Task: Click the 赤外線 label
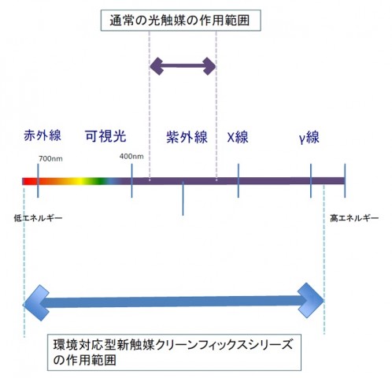(x=43, y=135)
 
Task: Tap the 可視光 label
(x=105, y=136)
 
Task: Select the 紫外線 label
(x=187, y=137)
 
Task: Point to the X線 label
(x=238, y=137)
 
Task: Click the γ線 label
(x=309, y=137)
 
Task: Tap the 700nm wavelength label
(x=50, y=159)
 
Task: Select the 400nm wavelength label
(x=131, y=157)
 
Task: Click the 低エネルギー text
(x=38, y=218)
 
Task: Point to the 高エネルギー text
(x=354, y=218)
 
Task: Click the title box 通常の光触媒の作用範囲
(x=181, y=20)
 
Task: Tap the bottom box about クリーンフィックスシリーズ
(x=174, y=352)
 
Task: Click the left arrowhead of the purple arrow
(x=157, y=66)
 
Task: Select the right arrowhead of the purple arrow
(x=209, y=66)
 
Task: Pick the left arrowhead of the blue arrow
(x=36, y=302)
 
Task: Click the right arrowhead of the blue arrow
(x=311, y=301)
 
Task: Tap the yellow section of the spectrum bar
(x=81, y=181)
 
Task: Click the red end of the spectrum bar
(x=29, y=181)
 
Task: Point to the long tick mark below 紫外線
(x=183, y=198)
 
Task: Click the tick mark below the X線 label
(x=239, y=180)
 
